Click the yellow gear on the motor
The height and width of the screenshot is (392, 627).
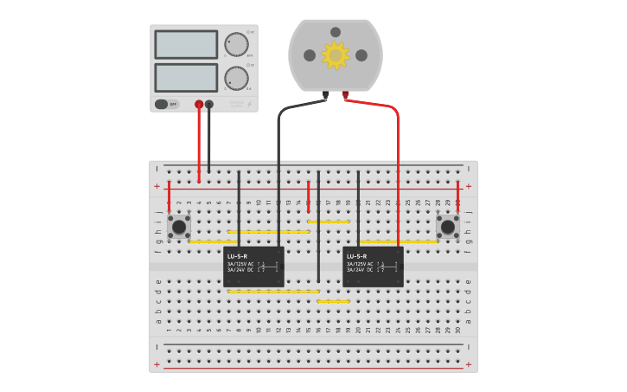335,55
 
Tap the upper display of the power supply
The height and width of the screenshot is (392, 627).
186,44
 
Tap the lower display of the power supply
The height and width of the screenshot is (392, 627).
186,77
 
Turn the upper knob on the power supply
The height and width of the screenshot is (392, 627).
235,44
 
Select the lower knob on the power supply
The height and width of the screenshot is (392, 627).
235,77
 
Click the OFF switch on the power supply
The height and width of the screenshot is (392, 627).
167,104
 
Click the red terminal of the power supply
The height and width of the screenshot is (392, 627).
199,104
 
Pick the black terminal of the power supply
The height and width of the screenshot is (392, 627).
209,104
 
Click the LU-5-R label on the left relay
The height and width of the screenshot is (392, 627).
237,256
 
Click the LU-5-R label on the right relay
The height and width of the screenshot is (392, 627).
356,256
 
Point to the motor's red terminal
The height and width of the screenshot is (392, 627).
345,94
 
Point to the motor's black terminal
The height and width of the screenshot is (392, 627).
325,94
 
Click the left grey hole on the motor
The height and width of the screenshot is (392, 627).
310,55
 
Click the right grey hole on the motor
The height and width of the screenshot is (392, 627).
361,55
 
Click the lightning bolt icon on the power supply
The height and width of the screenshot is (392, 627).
250,104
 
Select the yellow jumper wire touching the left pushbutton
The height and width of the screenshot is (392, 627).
208,241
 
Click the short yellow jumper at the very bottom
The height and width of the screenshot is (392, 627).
334,301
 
